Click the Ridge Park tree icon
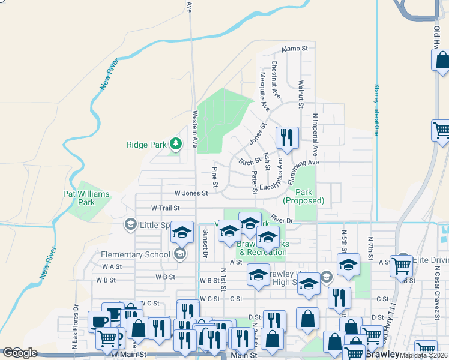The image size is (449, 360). coord(175,143)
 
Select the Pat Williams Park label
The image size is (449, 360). coord(87,198)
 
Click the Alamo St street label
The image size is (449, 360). coord(295,48)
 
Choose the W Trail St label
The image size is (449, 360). coord(166,208)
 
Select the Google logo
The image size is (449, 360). coord(20,353)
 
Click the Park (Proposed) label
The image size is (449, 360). coord(304,196)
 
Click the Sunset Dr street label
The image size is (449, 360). coord(205,242)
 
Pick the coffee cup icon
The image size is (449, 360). coord(99,321)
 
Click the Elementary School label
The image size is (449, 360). coord(136,254)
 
